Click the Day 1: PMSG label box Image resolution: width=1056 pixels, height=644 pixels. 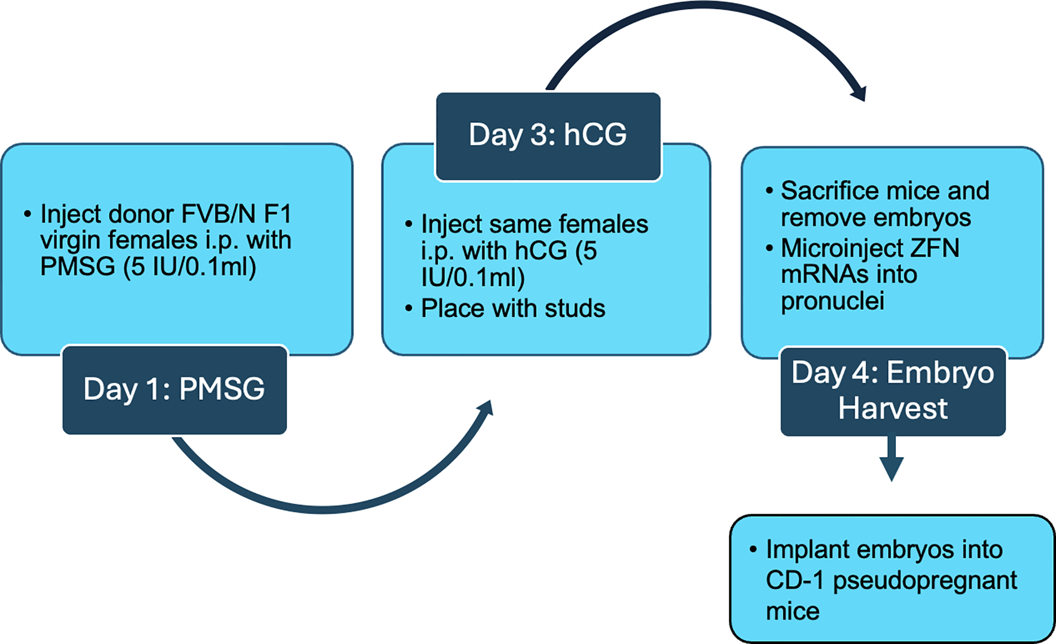click(x=174, y=389)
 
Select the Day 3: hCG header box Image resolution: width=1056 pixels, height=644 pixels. click(x=548, y=136)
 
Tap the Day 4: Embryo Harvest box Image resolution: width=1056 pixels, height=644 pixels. click(x=893, y=391)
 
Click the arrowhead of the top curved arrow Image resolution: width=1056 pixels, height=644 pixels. click(x=859, y=93)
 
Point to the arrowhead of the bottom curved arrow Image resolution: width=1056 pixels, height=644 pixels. click(x=485, y=408)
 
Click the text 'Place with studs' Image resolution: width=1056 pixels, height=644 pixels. click(x=513, y=309)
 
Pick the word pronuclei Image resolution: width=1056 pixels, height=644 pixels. click(x=833, y=301)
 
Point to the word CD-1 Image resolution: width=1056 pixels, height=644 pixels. click(x=795, y=580)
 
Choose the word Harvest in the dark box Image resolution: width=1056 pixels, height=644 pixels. click(x=893, y=409)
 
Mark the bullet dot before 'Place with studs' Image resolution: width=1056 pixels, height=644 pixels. click(x=409, y=308)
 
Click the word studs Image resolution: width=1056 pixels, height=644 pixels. click(x=575, y=309)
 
